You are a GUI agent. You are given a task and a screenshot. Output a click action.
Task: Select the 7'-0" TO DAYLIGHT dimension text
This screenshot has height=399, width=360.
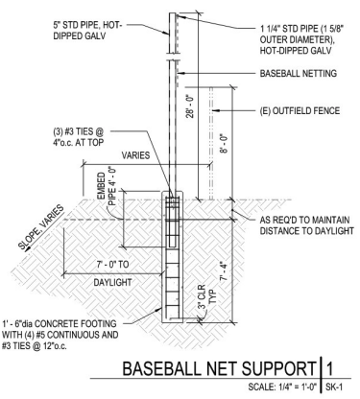pos(91,260)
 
